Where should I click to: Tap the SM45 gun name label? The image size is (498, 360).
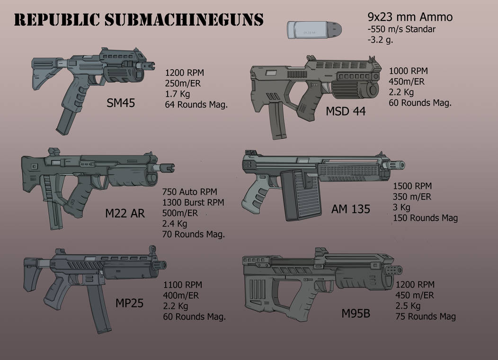click(x=121, y=102)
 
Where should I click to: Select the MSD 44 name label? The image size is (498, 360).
click(x=346, y=112)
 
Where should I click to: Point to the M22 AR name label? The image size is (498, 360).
click(x=125, y=214)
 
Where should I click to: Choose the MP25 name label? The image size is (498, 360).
click(x=129, y=303)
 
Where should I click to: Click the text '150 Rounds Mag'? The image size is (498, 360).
click(x=425, y=218)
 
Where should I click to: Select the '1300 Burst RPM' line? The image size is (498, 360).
click(x=193, y=202)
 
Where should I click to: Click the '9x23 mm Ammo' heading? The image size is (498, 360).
click(x=410, y=18)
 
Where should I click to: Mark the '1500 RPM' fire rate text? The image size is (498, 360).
click(x=412, y=187)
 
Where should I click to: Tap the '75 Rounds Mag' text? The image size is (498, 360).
click(x=426, y=316)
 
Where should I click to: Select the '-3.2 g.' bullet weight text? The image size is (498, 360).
click(x=380, y=40)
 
